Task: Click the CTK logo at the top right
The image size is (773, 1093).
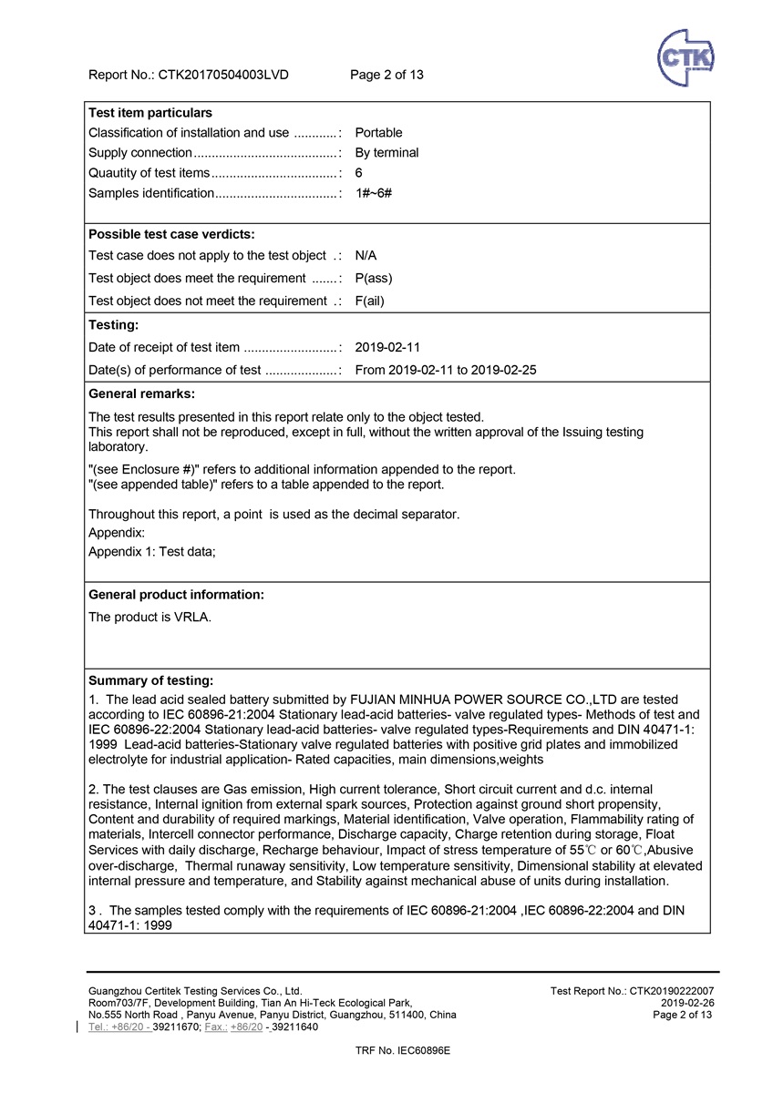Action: (x=685, y=57)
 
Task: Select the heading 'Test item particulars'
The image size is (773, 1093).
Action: (x=150, y=113)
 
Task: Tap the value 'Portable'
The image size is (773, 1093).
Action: (x=378, y=133)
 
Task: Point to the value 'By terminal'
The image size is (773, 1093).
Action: (x=386, y=153)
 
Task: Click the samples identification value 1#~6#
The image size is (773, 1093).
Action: (x=373, y=193)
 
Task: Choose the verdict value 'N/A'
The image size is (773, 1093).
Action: (x=366, y=256)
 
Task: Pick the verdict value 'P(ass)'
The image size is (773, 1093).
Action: (x=374, y=278)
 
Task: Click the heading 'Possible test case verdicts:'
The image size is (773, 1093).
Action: (x=171, y=234)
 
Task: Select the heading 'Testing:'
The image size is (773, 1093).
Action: (x=114, y=324)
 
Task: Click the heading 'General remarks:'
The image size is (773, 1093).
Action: (x=141, y=393)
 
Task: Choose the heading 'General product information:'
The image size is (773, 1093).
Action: (x=176, y=595)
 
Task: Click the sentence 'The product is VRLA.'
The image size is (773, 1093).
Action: (x=149, y=617)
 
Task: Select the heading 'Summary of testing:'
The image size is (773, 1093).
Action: (x=150, y=680)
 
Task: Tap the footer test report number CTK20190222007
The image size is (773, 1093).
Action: (x=633, y=990)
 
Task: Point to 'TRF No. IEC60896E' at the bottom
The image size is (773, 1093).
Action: (x=402, y=1050)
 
